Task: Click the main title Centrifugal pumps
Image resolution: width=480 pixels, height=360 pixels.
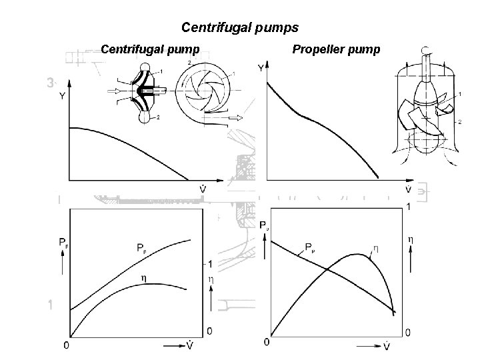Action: click(240, 28)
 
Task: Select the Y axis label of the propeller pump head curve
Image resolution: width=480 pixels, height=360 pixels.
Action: click(261, 68)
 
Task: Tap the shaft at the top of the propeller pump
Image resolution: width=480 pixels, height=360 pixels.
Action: click(426, 67)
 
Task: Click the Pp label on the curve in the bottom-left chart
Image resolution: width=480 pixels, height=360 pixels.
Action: click(142, 249)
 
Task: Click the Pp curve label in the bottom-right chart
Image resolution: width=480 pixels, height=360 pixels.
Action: click(310, 246)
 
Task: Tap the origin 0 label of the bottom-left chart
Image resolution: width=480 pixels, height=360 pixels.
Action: click(65, 345)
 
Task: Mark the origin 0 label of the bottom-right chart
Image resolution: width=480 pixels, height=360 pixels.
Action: click(267, 342)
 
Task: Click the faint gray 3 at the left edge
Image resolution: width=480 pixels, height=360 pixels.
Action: click(50, 83)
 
